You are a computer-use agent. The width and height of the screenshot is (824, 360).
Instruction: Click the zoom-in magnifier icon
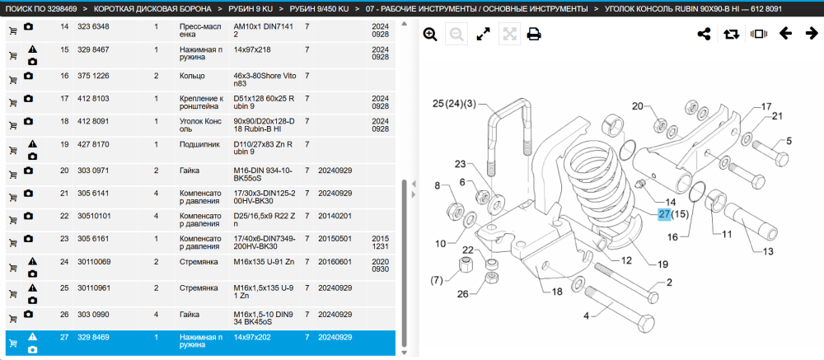click(430, 35)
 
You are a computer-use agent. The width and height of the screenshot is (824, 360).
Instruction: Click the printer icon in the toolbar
click(534, 35)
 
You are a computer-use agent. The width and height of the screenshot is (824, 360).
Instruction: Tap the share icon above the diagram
click(705, 34)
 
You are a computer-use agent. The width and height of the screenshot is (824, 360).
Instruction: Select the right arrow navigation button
click(812, 34)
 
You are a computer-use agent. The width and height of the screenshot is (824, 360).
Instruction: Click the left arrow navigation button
click(785, 34)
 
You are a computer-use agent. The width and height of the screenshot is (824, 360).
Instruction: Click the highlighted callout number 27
click(665, 214)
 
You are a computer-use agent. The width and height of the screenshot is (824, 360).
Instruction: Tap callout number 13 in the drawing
click(768, 252)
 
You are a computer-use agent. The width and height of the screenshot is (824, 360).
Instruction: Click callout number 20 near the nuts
click(638, 107)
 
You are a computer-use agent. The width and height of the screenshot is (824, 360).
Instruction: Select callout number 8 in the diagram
click(437, 185)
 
